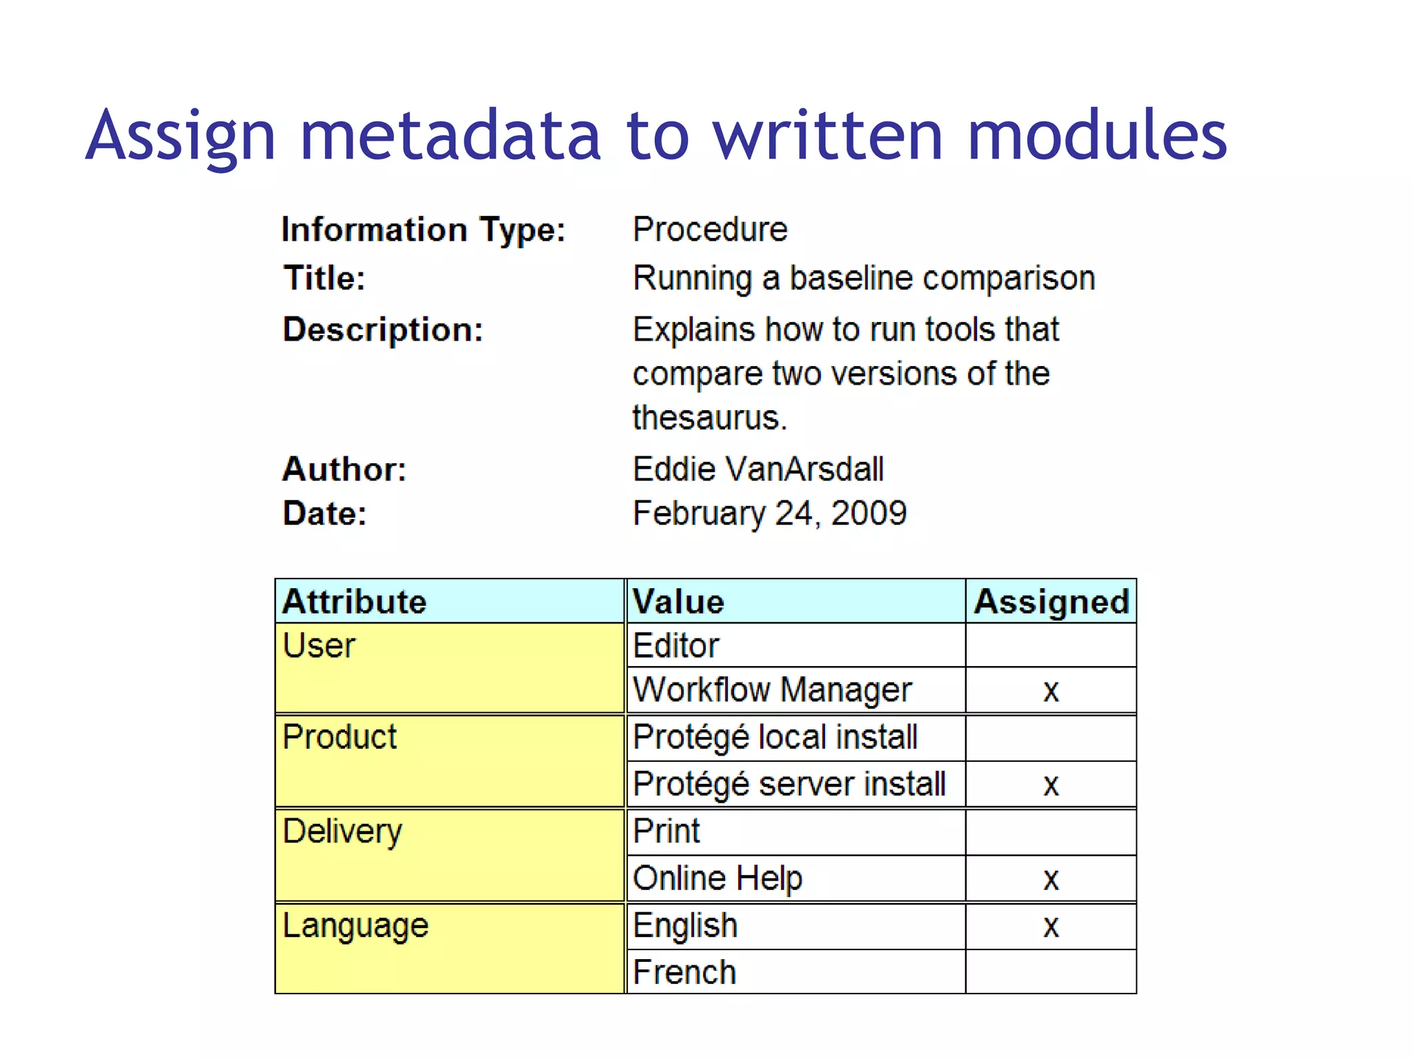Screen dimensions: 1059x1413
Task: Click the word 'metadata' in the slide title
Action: (x=451, y=135)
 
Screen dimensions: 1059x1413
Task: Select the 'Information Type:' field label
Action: (x=424, y=230)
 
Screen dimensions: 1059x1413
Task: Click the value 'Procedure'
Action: (x=710, y=230)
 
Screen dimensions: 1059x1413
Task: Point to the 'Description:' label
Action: (x=383, y=330)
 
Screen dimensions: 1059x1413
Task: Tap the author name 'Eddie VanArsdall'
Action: (x=758, y=470)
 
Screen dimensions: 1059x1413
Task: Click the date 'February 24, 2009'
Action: (x=769, y=514)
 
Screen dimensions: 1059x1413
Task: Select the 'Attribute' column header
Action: (x=355, y=602)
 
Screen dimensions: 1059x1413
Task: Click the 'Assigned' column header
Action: (x=1051, y=602)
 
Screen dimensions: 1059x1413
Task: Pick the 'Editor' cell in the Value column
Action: (x=676, y=646)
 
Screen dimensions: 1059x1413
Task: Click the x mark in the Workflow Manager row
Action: (x=1051, y=691)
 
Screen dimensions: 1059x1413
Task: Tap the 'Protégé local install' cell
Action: (x=775, y=738)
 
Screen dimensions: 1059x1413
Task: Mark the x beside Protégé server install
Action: (x=1051, y=785)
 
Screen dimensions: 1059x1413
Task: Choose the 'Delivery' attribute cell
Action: (x=342, y=831)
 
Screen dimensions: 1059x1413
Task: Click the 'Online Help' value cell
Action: (x=718, y=878)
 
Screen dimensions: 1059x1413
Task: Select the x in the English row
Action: (x=1051, y=926)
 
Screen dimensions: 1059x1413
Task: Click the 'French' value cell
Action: (x=684, y=972)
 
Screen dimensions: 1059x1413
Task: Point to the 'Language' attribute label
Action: (x=355, y=926)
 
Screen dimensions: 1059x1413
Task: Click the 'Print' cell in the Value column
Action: (x=666, y=831)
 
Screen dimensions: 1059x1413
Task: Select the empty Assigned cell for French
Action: (x=1051, y=972)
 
